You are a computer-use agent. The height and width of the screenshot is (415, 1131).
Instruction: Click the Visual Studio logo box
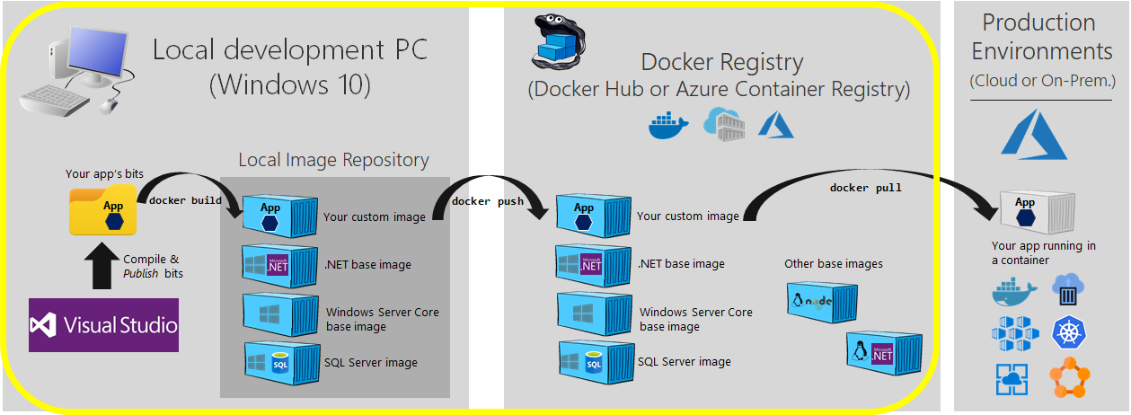[x=103, y=324]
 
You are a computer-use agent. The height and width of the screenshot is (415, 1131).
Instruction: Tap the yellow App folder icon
[x=102, y=210]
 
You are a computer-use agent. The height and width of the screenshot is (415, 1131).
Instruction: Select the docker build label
[x=185, y=200]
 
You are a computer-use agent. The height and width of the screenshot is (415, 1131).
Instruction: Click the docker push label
[x=488, y=201]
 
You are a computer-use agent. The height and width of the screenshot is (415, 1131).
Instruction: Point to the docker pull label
[x=865, y=188]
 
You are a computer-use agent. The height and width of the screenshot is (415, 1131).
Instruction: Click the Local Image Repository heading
[x=333, y=160]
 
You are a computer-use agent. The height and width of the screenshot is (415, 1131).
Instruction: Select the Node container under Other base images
[x=821, y=304]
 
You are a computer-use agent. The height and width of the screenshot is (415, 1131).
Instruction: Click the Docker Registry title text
[x=721, y=62]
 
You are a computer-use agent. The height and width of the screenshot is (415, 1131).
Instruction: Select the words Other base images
[x=833, y=263]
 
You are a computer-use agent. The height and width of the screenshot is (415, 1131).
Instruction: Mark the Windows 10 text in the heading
[x=289, y=85]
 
